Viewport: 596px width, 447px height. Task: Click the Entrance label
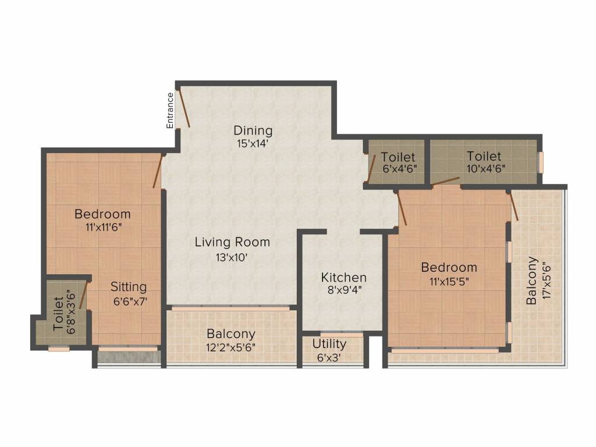pos(170,111)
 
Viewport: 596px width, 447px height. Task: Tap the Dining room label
pos(253,130)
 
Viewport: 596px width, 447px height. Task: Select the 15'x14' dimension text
pos(253,144)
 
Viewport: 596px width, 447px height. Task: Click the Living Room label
pos(232,242)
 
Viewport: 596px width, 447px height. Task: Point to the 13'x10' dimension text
pos(232,257)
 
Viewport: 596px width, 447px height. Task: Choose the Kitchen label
pos(343,277)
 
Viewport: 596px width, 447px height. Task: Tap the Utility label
pos(329,343)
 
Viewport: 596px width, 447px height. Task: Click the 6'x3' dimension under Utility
pos(329,358)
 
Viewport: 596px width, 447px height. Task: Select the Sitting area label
pos(129,286)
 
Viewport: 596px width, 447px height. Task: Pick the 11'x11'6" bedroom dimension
pos(104,228)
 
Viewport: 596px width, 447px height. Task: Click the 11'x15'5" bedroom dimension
pos(449,282)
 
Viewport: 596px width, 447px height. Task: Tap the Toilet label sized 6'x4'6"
pos(398,157)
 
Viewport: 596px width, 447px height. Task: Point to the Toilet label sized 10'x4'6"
pos(484,156)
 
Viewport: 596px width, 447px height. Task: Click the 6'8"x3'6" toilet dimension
pos(71,312)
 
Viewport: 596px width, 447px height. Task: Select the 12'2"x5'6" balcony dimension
pos(230,347)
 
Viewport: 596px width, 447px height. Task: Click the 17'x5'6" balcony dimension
pos(546,280)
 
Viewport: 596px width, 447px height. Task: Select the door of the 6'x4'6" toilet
pos(372,168)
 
